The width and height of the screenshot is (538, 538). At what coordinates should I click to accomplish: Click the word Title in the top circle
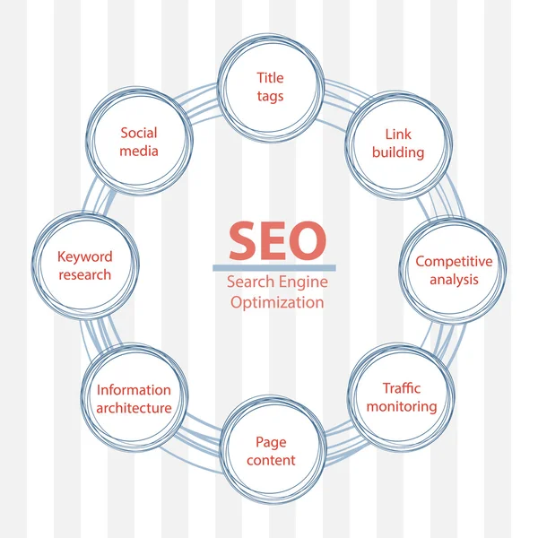coord(270,78)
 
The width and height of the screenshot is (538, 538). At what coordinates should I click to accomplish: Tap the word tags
coord(270,96)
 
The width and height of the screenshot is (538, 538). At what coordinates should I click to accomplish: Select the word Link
coord(398,134)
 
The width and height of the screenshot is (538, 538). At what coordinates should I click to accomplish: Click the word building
coord(398,152)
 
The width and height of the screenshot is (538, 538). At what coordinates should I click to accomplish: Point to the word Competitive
coord(454,262)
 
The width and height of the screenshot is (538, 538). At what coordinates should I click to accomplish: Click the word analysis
coord(454,280)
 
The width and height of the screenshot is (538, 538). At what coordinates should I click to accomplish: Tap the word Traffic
coord(401,388)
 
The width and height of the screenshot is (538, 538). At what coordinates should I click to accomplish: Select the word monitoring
coord(401,406)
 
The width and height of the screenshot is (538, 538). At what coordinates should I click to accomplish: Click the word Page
coord(270,442)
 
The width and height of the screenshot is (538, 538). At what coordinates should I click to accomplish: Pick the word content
coord(270,461)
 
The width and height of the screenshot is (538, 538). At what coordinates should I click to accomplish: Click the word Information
coord(134,390)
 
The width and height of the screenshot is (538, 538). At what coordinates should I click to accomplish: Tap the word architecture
coord(134,408)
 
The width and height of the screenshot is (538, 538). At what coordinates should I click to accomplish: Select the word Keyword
coord(85,256)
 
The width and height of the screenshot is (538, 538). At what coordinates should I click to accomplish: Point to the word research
coord(85,274)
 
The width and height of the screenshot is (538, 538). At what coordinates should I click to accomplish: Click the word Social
coord(139,133)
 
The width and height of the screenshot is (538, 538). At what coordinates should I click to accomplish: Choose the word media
coord(139,151)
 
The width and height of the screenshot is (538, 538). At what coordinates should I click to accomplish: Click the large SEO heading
coord(277,239)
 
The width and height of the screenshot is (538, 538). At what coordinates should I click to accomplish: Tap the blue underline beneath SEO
coord(274,267)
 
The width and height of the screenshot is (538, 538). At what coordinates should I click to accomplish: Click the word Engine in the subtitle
coord(302,282)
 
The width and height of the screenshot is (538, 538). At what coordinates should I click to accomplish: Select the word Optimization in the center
coord(277,302)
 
